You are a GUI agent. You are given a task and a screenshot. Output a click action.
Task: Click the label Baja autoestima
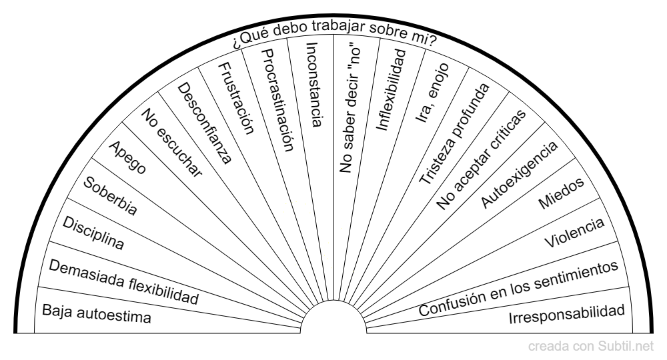coord(97,314)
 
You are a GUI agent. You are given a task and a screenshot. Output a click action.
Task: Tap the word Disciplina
coord(93,233)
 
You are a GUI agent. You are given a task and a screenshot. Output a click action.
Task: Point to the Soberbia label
coord(110,197)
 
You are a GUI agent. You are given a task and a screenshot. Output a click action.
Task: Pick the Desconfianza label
coord(203,123)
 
